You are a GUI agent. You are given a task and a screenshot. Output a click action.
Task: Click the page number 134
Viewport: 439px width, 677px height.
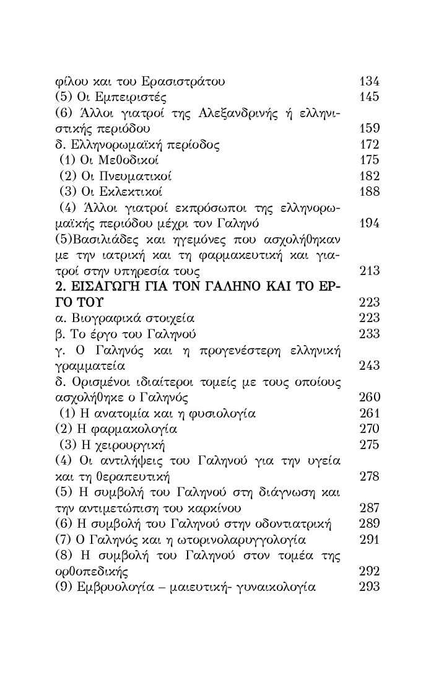coord(369,81)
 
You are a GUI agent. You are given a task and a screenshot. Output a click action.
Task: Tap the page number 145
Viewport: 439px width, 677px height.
coord(369,97)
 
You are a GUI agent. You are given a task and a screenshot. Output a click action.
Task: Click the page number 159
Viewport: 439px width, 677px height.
coord(369,129)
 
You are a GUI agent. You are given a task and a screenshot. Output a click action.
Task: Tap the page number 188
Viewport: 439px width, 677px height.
coord(369,191)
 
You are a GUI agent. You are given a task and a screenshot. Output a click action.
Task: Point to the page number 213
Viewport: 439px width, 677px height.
coord(369,271)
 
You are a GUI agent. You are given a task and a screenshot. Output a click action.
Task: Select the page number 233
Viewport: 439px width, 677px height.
coord(369,335)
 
